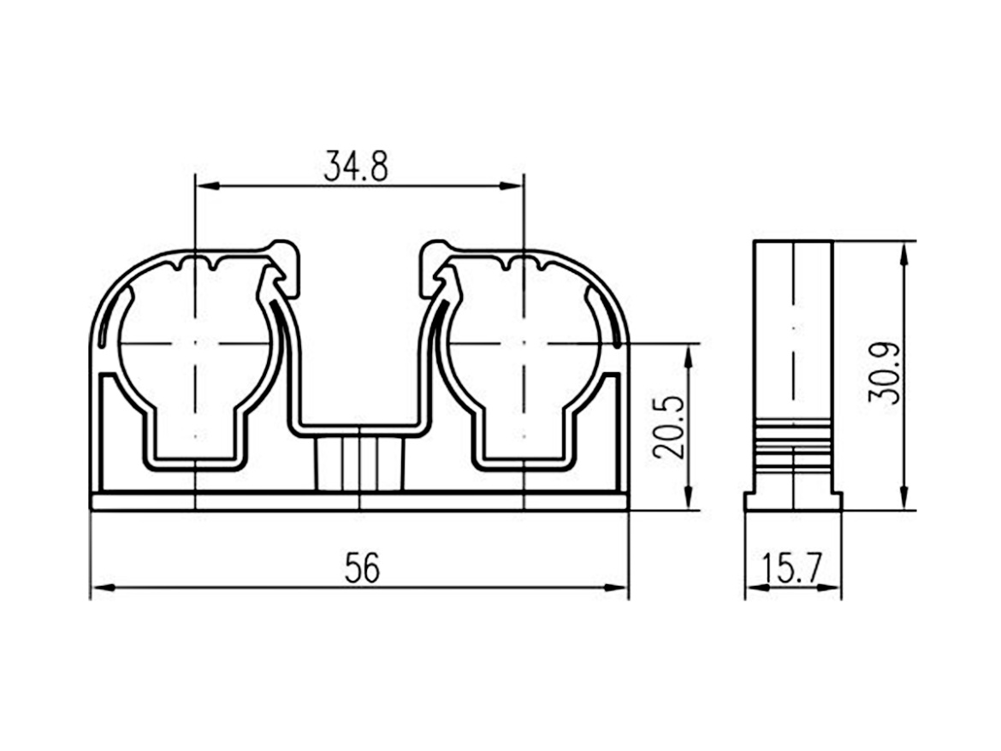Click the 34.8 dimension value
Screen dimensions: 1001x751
pyautogui.click(x=356, y=166)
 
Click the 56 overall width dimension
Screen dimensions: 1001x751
pyautogui.click(x=362, y=567)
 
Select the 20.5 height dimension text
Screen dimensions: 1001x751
pyautogui.click(x=670, y=428)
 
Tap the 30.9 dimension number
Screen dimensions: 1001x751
pyautogui.click(x=885, y=373)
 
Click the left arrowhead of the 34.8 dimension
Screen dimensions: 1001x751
pyautogui.click(x=205, y=186)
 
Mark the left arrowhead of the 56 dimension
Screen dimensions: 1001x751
pyautogui.click(x=103, y=587)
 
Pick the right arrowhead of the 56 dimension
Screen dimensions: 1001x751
pyautogui.click(x=616, y=587)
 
